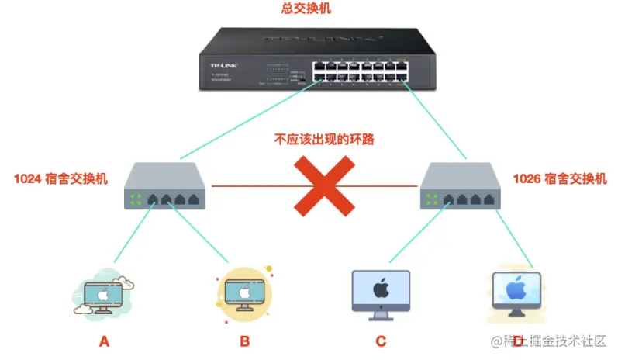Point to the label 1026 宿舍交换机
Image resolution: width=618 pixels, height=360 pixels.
point(561,179)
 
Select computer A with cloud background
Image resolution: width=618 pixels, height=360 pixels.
point(104,293)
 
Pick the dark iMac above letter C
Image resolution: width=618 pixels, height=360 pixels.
point(381,292)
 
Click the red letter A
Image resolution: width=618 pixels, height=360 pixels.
point(104,341)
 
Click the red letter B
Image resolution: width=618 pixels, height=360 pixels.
point(244,341)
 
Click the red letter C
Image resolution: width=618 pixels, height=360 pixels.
point(381,341)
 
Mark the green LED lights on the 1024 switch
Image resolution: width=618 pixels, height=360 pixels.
point(136,199)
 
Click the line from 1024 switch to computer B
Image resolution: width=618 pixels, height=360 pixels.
point(198,232)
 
